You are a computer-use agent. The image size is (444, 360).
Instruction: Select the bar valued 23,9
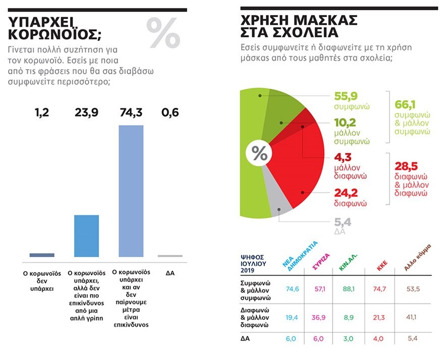pos(86,236)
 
